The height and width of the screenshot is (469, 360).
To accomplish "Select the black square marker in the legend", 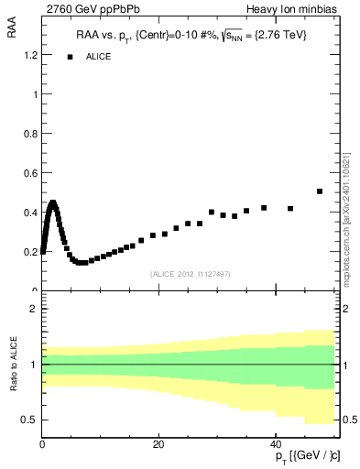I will (70, 57).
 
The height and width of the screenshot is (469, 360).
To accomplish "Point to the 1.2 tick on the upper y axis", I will (30, 55).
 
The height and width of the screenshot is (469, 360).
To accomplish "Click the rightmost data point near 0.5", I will (320, 191).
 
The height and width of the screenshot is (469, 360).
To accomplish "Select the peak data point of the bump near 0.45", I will (53, 203).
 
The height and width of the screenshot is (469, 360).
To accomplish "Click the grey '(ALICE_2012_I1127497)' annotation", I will (190, 274).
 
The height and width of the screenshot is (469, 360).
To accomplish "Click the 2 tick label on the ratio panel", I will (34, 309).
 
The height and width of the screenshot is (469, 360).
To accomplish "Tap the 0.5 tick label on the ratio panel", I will (30, 420).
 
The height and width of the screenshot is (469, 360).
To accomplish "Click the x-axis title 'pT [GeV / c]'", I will (302, 456).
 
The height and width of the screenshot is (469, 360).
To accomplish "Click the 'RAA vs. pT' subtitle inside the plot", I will (191, 35).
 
